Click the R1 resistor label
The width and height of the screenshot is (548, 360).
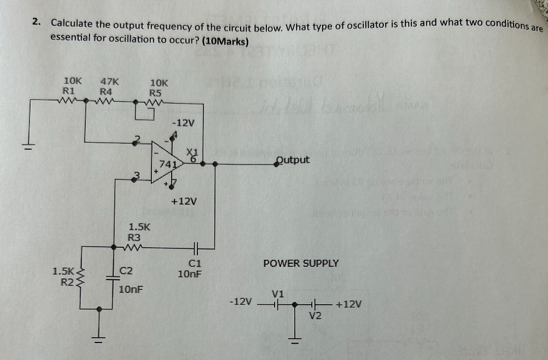pos(69,90)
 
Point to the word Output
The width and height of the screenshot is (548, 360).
pos(293,160)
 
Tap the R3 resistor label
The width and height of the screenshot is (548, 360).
pos(134,237)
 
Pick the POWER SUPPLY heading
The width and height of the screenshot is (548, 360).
pos(301,263)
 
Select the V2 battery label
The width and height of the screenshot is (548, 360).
pos(315,315)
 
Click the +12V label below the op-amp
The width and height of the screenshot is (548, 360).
pos(184,201)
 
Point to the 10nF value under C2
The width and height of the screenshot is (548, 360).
pos(131,288)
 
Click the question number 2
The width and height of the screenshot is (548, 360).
pos(36,22)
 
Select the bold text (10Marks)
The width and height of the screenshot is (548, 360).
pos(225,41)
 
